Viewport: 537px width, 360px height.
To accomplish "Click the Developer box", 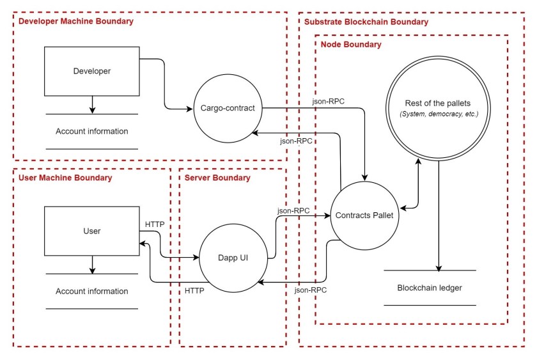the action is (x=92, y=71).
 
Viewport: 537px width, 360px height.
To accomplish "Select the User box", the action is (x=92, y=231).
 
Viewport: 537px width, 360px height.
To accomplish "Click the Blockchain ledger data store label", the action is (x=430, y=288).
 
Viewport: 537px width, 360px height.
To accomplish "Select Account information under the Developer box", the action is (x=92, y=131).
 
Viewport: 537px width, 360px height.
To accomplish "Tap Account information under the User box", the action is (x=92, y=291).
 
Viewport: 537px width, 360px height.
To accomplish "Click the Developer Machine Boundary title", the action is (x=75, y=21).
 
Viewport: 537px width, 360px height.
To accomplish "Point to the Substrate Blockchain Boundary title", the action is (x=366, y=22).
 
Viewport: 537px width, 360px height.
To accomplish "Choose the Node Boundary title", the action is (x=351, y=45).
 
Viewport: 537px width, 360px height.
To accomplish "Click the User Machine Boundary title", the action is (x=65, y=178).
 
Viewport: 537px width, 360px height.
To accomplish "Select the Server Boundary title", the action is (x=217, y=178).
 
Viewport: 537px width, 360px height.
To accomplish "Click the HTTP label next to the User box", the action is (x=155, y=224).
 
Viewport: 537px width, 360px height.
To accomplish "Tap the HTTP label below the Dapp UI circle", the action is (x=194, y=291).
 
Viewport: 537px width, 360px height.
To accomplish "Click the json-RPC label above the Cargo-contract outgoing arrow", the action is (x=328, y=102).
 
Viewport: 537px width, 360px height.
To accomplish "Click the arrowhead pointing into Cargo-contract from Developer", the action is (x=189, y=109).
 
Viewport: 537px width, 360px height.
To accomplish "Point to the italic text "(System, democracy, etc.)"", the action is (x=439, y=114).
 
